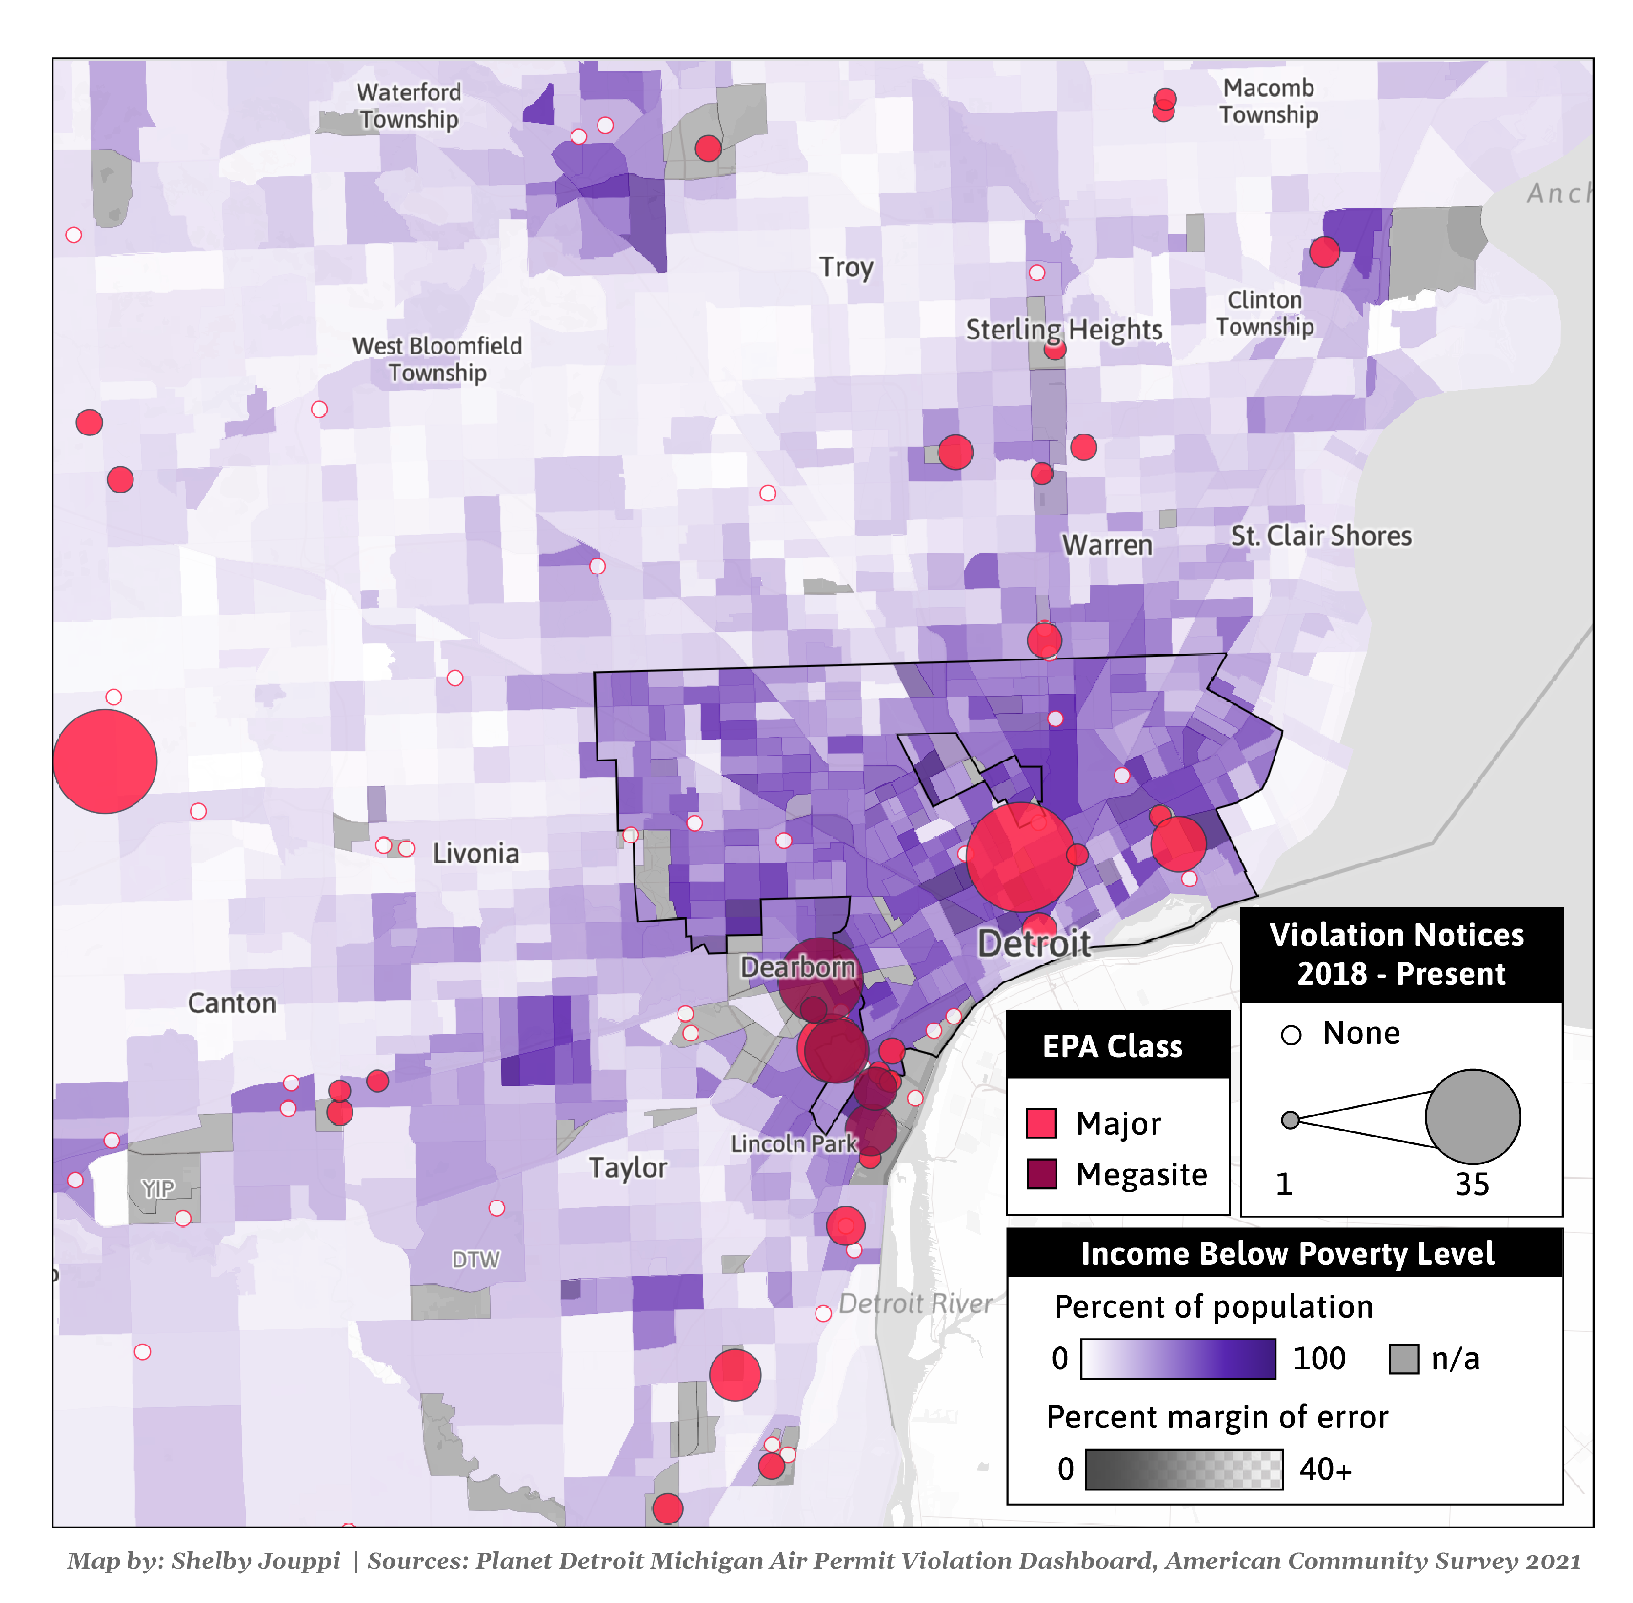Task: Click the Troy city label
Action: click(x=846, y=267)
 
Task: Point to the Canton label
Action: click(x=231, y=1003)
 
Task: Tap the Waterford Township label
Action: click(x=409, y=105)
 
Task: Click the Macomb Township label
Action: click(x=1269, y=101)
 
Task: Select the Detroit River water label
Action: click(x=915, y=1303)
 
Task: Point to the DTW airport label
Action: click(x=475, y=1260)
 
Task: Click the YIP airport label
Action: click(x=158, y=1188)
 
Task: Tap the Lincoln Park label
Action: click(x=793, y=1143)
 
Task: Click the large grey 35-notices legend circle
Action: click(x=1472, y=1116)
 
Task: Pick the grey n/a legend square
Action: click(x=1403, y=1358)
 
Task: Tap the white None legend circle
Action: click(x=1291, y=1035)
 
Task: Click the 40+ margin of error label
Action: click(x=1325, y=1469)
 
